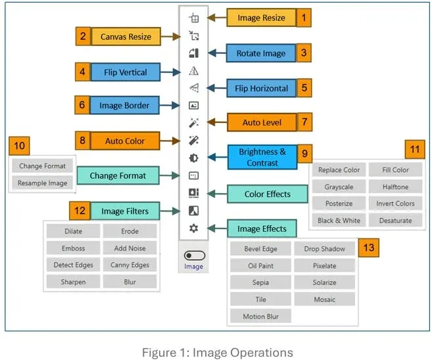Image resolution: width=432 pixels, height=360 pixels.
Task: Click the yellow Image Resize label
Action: (261, 18)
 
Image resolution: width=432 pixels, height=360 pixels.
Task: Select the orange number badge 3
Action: (304, 53)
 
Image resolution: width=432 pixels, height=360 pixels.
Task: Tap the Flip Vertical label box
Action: (126, 72)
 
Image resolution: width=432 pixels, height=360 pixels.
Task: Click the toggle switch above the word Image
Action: (194, 256)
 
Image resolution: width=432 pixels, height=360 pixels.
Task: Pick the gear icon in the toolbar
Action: (194, 228)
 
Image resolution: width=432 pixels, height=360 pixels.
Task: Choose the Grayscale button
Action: (339, 187)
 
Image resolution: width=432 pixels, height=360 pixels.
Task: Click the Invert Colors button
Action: (395, 204)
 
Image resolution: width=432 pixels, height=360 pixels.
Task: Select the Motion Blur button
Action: (260, 316)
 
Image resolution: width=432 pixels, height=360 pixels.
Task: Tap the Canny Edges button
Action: (130, 265)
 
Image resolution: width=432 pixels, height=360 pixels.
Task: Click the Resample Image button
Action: (43, 183)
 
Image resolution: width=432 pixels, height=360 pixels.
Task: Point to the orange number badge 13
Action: (369, 248)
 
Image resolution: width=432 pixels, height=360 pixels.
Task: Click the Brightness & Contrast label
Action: (262, 157)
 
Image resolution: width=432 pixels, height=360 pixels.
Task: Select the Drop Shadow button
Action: (325, 249)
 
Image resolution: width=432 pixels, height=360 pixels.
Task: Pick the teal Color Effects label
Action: (267, 194)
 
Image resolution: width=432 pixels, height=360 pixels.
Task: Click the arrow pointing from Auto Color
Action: (170, 141)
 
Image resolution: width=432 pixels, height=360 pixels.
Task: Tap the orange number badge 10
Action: (19, 146)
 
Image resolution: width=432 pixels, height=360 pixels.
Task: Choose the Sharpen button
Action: (73, 282)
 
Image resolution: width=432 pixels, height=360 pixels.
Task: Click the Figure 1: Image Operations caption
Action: (218, 353)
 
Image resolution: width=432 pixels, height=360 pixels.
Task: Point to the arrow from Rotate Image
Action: (217, 53)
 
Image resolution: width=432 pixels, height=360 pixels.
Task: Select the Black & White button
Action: (339, 221)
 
